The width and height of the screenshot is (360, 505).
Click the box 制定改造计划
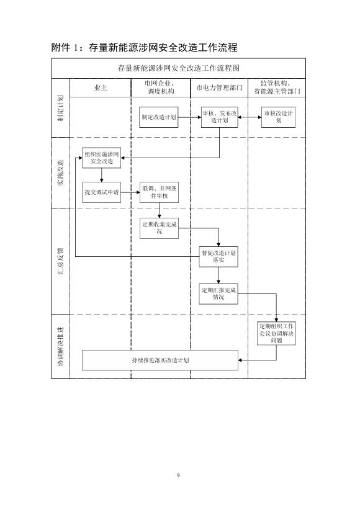158,117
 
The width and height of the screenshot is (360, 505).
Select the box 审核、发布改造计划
220,117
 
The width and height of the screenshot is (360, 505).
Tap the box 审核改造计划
278,117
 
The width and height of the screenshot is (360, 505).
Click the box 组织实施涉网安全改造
102,158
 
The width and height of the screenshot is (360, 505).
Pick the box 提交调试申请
102,192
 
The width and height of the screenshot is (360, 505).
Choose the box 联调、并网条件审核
160,192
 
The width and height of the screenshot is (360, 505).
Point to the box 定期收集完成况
160,228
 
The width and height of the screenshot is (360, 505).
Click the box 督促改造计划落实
218,257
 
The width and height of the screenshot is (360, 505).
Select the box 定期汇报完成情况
218,293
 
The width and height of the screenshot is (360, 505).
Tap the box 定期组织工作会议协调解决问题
276,333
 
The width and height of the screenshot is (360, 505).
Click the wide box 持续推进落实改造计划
160,360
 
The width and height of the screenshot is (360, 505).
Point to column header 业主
101,88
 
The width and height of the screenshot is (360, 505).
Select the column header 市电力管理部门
220,88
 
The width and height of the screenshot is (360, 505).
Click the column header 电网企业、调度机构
161,87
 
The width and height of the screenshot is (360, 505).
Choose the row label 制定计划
61,108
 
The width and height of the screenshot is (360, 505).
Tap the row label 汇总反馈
61,261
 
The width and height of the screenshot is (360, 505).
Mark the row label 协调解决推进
61,346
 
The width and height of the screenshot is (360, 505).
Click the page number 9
178,475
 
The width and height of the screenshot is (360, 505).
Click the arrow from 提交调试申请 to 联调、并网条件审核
130,192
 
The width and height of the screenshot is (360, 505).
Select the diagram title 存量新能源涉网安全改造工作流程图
179,68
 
